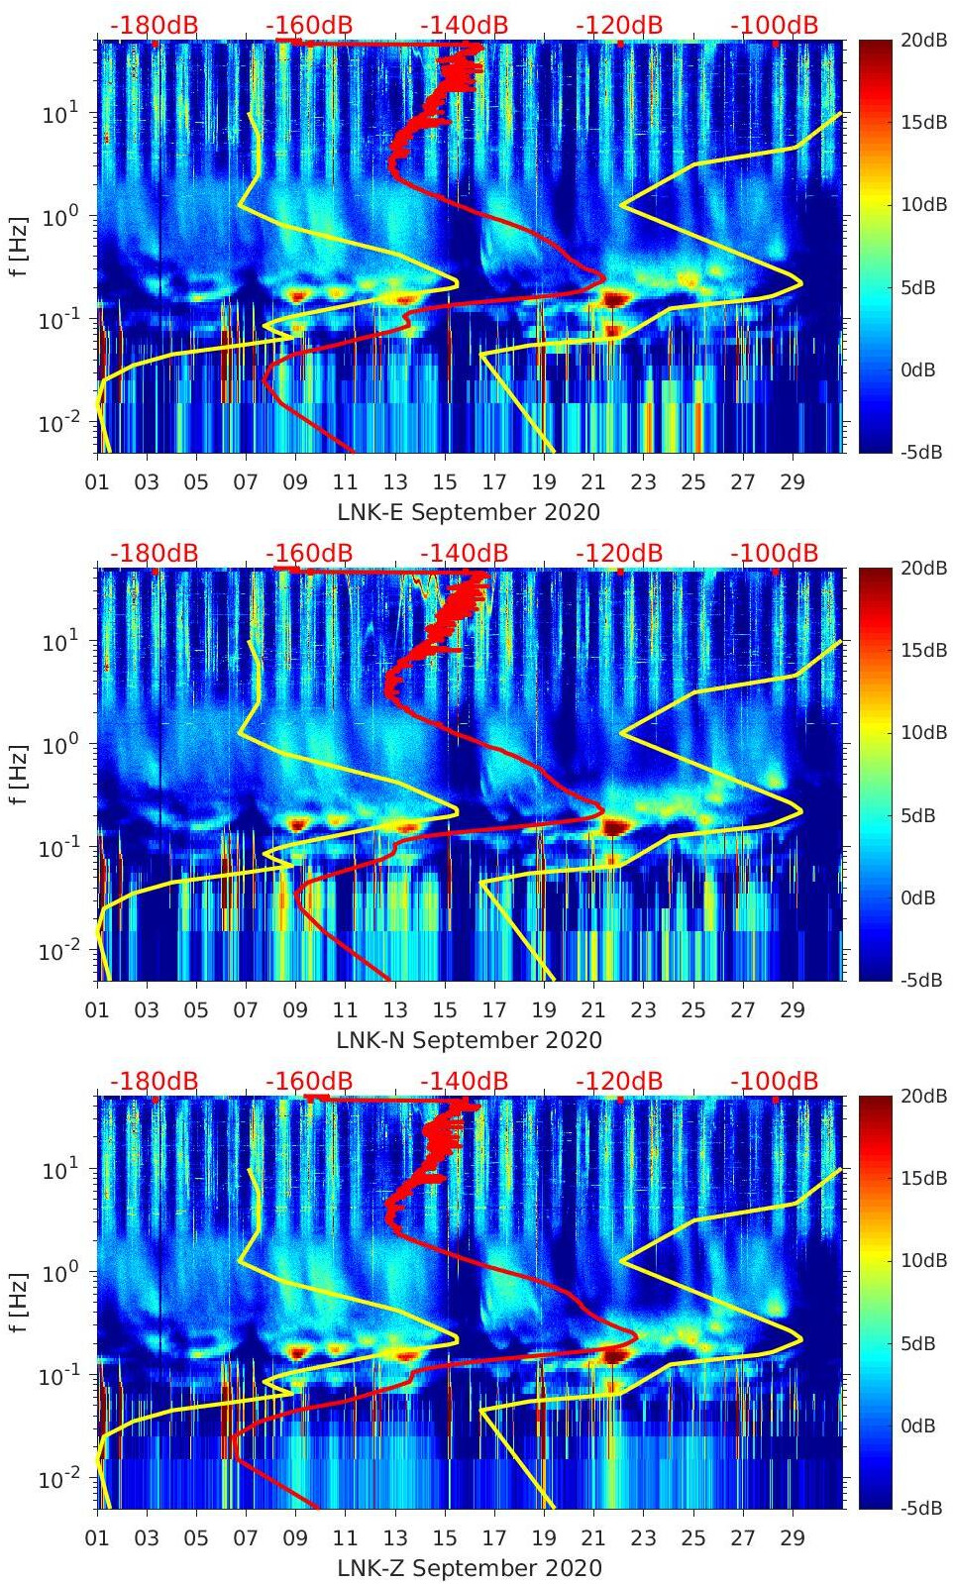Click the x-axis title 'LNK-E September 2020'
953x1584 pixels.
(469, 512)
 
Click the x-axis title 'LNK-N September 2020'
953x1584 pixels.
(469, 1040)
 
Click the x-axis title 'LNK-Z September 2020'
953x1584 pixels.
(469, 1568)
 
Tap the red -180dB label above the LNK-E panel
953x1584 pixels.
(154, 25)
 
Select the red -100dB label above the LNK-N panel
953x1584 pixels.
(774, 553)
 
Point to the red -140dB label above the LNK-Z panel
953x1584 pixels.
(464, 1081)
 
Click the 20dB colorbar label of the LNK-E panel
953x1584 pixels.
(922, 41)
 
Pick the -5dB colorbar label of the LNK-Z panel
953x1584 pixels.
(920, 1508)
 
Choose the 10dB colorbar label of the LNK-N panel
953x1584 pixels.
(922, 733)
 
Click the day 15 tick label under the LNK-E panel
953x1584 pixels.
(445, 482)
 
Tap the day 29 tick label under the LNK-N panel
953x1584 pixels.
(792, 1010)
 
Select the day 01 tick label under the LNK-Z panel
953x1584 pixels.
(97, 1538)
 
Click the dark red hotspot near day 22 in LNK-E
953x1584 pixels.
(616, 298)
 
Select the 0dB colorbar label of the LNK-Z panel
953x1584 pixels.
(922, 1426)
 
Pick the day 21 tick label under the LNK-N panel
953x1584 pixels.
(593, 1010)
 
